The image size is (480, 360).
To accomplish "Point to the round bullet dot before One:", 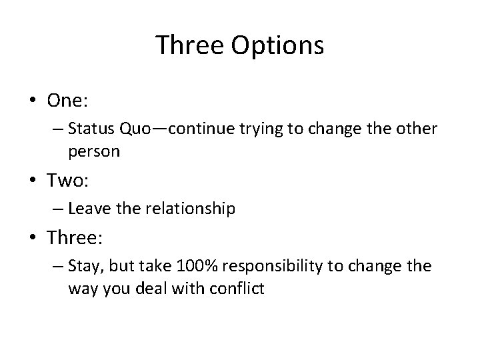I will [33, 101].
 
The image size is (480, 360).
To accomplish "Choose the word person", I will [93, 151].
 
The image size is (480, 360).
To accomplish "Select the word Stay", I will [84, 267].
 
